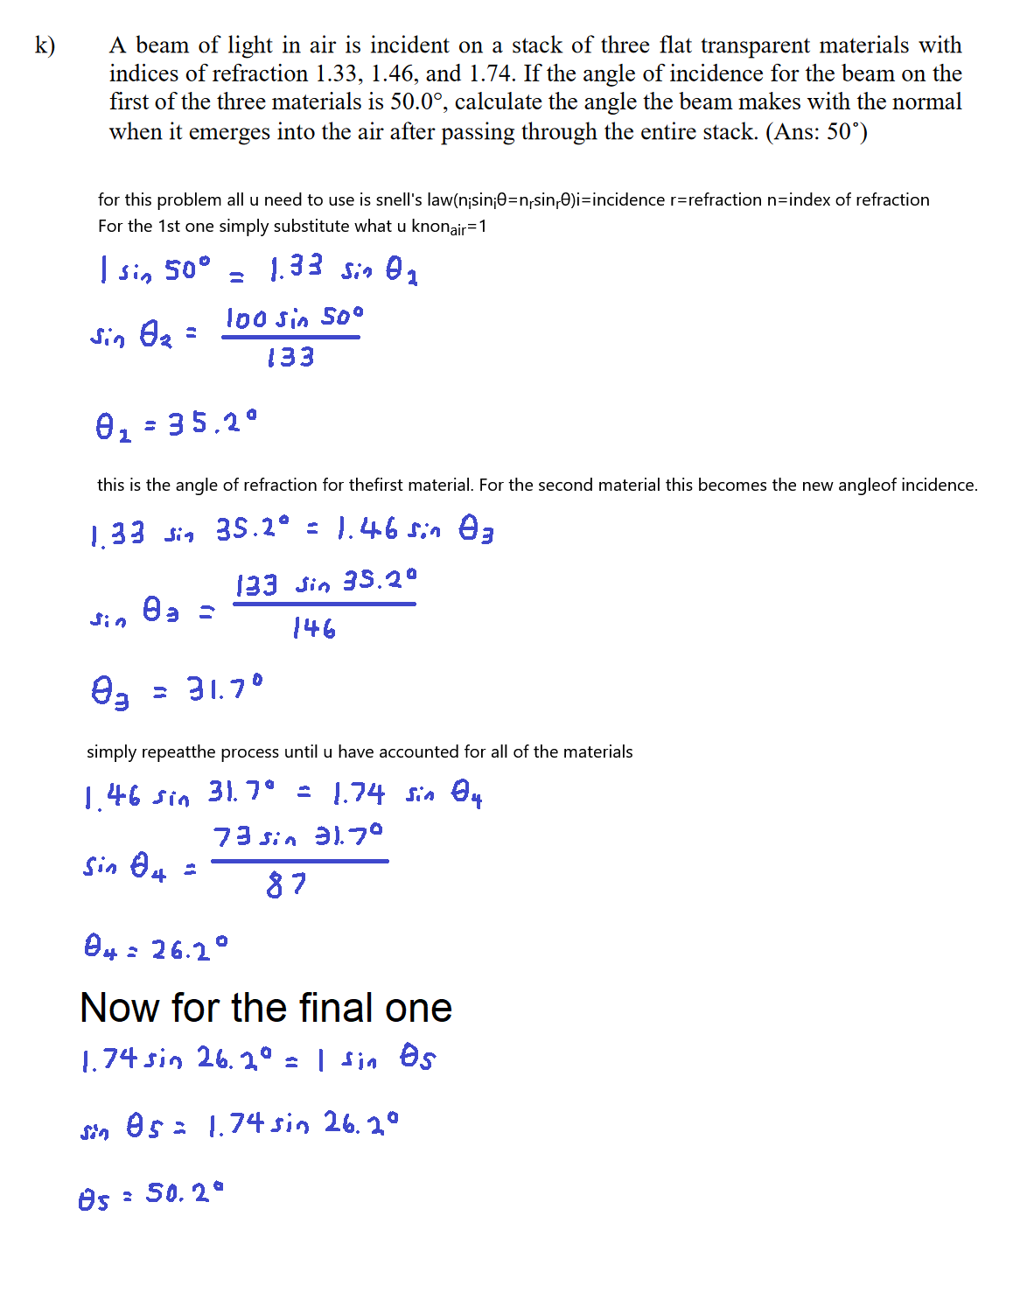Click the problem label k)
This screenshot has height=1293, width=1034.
[x=45, y=45]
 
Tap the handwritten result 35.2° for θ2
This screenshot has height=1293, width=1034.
[x=213, y=424]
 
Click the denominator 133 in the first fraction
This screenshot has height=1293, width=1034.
[x=290, y=357]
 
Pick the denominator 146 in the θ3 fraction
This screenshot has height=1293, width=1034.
[x=314, y=628]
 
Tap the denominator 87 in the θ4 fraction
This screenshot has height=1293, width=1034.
[x=286, y=884]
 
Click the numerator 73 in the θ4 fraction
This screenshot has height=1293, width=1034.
[x=232, y=837]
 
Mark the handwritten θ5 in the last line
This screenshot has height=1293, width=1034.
[x=94, y=1199]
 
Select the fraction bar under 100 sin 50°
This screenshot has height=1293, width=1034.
[x=290, y=337]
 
